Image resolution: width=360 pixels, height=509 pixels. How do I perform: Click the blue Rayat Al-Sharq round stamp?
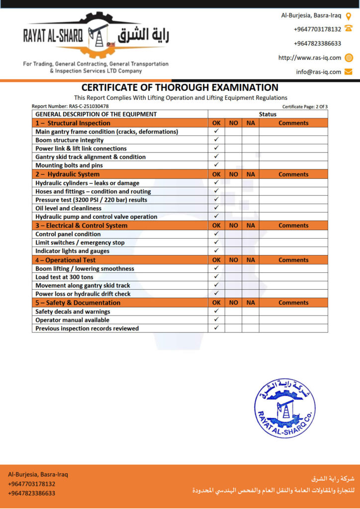[284, 408]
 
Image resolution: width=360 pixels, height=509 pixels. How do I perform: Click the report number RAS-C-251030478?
[70, 106]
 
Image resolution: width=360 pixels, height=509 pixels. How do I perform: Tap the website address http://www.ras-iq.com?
[309, 58]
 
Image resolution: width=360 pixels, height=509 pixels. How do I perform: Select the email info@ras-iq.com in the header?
[319, 72]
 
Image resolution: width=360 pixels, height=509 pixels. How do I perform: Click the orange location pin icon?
[349, 15]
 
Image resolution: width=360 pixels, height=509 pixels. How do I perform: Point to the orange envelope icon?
[349, 72]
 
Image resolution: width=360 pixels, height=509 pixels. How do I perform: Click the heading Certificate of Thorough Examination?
[180, 87]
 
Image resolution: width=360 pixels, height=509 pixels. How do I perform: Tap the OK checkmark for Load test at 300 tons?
[216, 277]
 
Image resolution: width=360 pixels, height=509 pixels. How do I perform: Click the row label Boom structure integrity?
[69, 140]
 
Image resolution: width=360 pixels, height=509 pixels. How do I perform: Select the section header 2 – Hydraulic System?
[68, 174]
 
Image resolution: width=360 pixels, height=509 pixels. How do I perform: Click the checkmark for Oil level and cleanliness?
[216, 208]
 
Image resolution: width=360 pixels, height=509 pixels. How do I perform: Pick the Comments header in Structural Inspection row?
[293, 123]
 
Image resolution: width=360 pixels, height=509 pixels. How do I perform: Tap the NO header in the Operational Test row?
[233, 260]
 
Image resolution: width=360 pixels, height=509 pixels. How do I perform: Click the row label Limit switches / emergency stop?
[80, 243]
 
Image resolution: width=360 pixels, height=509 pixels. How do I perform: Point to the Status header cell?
[268, 114]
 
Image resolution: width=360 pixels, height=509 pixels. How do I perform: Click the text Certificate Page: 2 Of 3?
[305, 106]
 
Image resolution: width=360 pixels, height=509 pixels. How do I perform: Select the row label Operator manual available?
[72, 320]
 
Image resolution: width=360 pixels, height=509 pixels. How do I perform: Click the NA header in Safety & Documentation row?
[250, 303]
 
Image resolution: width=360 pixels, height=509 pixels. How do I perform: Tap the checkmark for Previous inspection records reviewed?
[216, 328]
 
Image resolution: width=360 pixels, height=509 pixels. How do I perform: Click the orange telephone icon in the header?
[349, 29]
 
